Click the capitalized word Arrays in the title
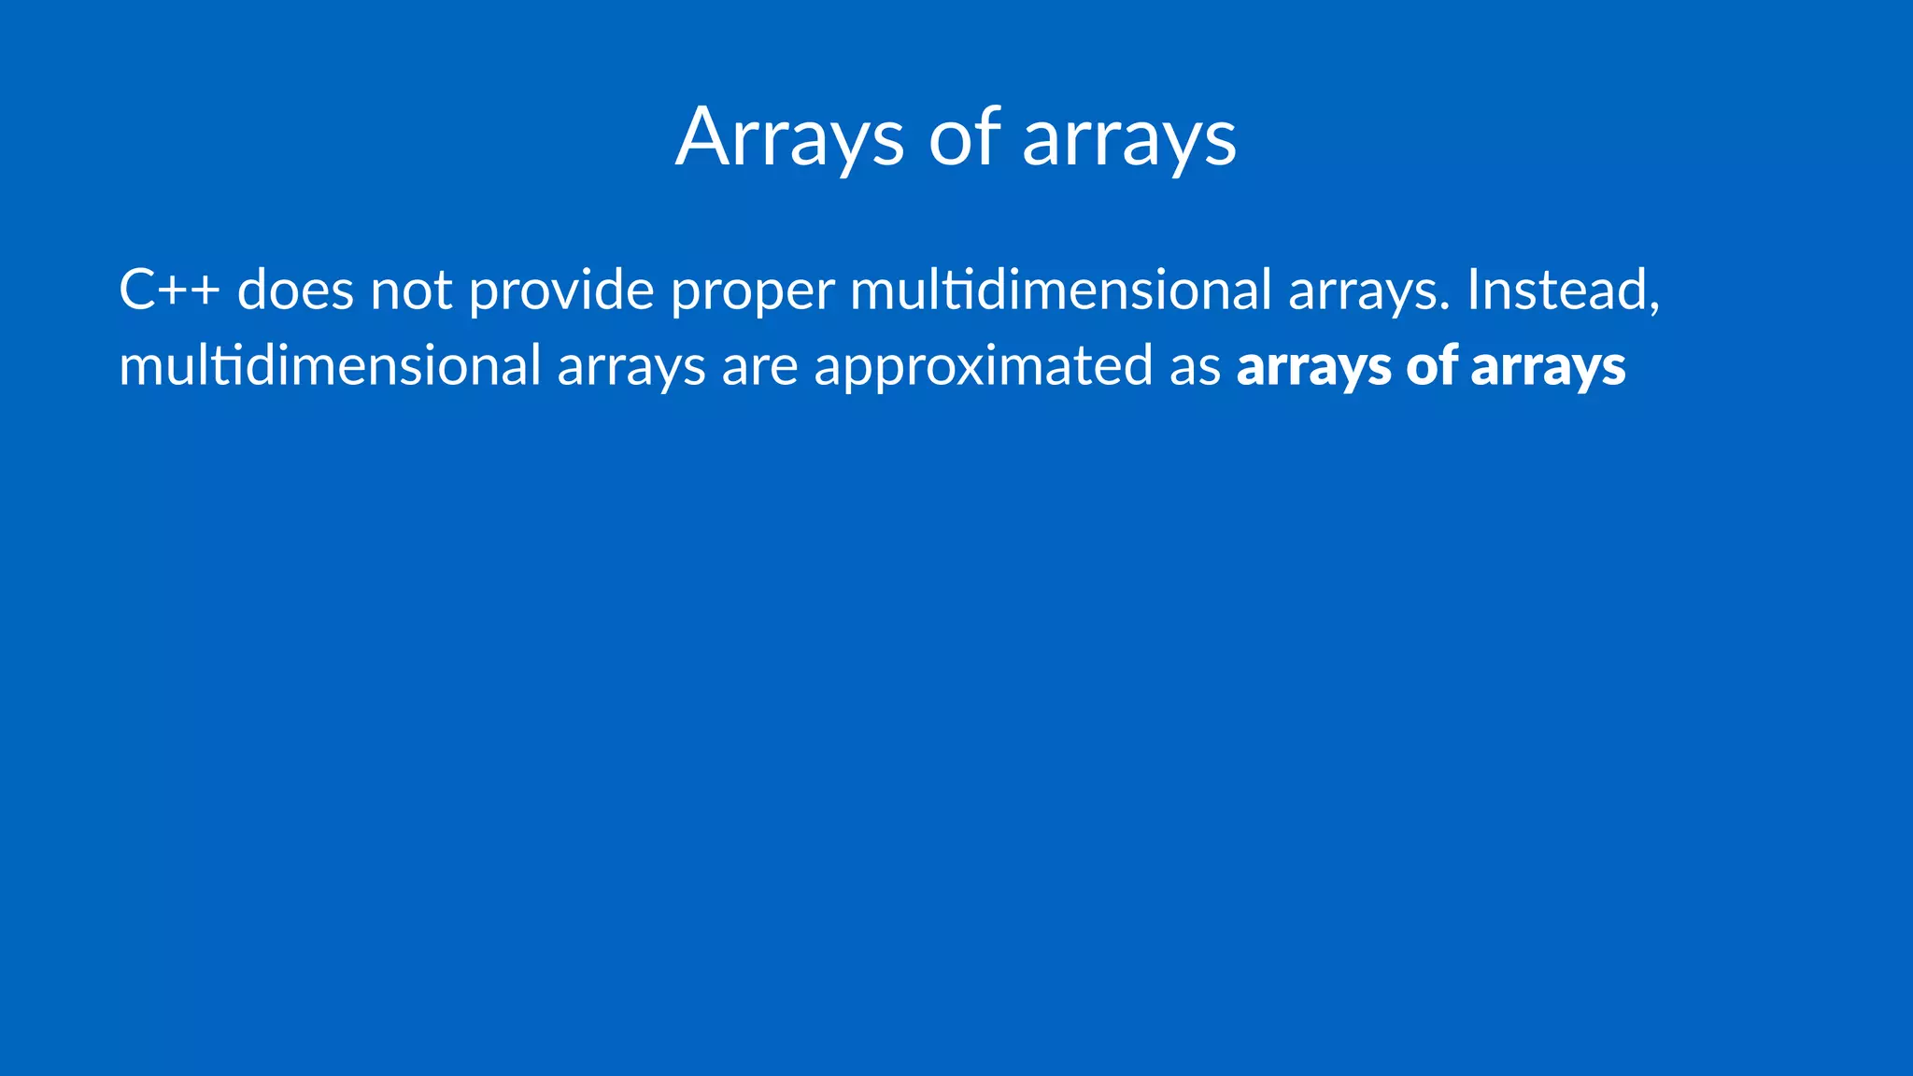pos(789,138)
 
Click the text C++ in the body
pos(169,290)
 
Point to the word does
pos(295,290)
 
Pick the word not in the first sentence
pos(411,290)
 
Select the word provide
pos(560,291)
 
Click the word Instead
pos(1556,290)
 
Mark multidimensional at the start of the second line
pos(330,365)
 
